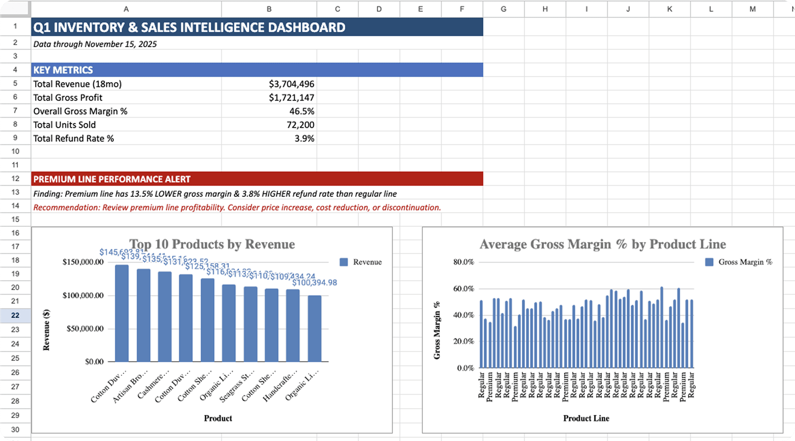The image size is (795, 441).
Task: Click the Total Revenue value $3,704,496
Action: [291, 84]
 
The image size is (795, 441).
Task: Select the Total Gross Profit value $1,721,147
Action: [291, 98]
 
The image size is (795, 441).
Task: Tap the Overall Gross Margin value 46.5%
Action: [302, 111]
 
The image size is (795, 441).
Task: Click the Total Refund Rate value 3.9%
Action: [304, 138]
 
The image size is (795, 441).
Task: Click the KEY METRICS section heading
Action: [63, 70]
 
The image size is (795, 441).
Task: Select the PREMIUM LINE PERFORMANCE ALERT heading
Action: [112, 179]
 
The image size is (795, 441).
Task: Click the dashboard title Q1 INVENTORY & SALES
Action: [189, 27]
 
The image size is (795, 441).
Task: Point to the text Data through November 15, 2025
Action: [95, 44]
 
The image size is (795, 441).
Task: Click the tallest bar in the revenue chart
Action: [122, 313]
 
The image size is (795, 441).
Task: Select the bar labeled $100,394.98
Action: [314, 328]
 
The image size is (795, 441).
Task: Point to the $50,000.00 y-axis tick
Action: [85, 329]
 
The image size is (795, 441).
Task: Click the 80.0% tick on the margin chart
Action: [464, 262]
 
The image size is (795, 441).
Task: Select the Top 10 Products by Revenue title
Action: [212, 244]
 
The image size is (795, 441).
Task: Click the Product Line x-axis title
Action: [586, 418]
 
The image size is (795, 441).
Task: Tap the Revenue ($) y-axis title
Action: [46, 330]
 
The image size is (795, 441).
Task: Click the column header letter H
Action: [545, 9]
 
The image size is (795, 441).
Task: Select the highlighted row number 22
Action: [15, 315]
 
